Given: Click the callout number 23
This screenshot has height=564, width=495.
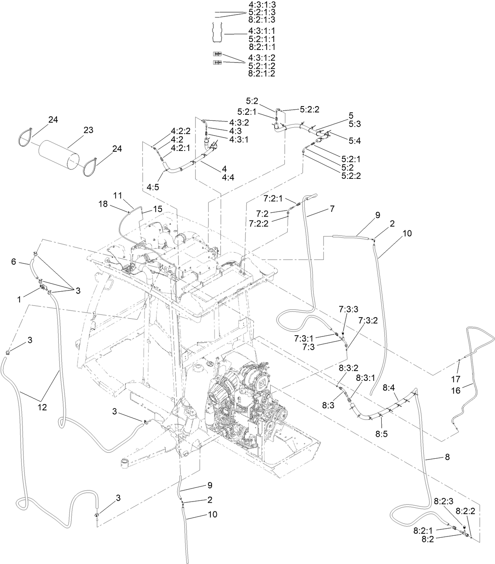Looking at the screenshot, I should [88, 130].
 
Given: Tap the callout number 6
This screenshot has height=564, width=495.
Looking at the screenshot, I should [13, 261].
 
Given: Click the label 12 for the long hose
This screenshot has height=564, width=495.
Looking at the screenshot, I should [42, 408].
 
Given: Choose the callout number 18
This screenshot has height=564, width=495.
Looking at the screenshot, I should [103, 204].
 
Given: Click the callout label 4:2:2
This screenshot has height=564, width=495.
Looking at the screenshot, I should [181, 131].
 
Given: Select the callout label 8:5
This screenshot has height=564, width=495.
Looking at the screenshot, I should [381, 434].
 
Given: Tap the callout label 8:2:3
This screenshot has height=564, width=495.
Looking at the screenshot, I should [444, 501].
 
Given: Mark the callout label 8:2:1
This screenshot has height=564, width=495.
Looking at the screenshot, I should [423, 531].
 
